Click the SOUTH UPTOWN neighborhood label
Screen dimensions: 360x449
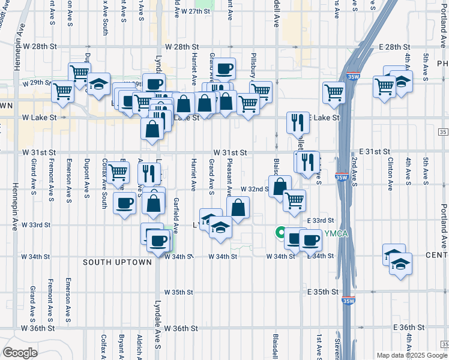118,262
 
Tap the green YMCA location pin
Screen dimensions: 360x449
280,232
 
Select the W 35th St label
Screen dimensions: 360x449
173,292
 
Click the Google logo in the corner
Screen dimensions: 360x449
20,353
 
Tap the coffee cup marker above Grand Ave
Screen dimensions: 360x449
224,70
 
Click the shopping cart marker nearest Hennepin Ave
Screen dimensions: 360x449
62,92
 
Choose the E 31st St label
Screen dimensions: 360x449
375,152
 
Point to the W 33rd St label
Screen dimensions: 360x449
36,225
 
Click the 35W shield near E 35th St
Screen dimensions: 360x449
348,300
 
